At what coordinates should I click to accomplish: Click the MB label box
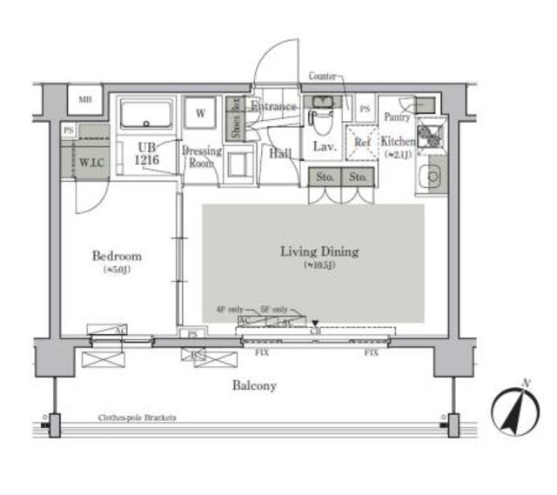(85, 99)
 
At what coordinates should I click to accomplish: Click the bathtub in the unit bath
(147, 115)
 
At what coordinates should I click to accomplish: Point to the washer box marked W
(201, 113)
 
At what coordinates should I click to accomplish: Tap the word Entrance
(273, 107)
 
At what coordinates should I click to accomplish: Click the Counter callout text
(322, 77)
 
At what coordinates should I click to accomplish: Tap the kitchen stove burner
(429, 136)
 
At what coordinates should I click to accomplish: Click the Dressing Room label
(201, 156)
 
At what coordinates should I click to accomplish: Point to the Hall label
(280, 154)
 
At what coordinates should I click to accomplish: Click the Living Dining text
(319, 252)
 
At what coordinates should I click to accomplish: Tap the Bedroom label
(117, 257)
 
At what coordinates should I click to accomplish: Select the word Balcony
(253, 385)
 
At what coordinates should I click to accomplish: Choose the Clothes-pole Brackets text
(137, 418)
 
